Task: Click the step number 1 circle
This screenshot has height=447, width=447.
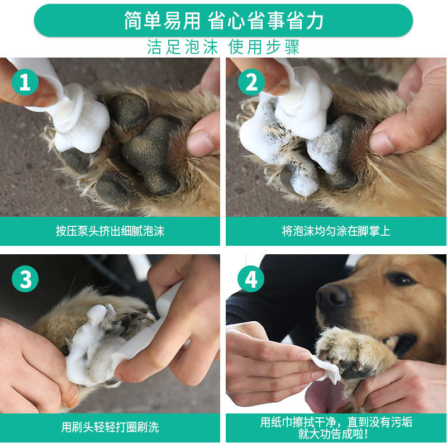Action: pyautogui.click(x=25, y=82)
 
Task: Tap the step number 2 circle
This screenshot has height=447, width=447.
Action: pyautogui.click(x=251, y=82)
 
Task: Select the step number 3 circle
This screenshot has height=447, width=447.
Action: pyautogui.click(x=25, y=279)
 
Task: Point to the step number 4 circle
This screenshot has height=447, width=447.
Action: pyautogui.click(x=251, y=279)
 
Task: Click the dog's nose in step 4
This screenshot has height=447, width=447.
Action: pyautogui.click(x=332, y=298)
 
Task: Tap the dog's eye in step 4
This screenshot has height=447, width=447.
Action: pyautogui.click(x=401, y=279)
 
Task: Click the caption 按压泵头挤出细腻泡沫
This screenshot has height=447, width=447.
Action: pyautogui.click(x=110, y=231)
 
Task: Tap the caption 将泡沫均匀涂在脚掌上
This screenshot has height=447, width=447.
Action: pyautogui.click(x=336, y=231)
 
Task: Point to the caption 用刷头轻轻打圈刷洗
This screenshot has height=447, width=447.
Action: pyautogui.click(x=110, y=427)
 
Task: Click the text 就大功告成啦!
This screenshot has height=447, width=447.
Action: pyautogui.click(x=333, y=434)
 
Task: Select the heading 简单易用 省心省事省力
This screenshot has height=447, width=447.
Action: pyautogui.click(x=223, y=21)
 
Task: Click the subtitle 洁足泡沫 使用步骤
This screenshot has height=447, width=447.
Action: pyautogui.click(x=223, y=47)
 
